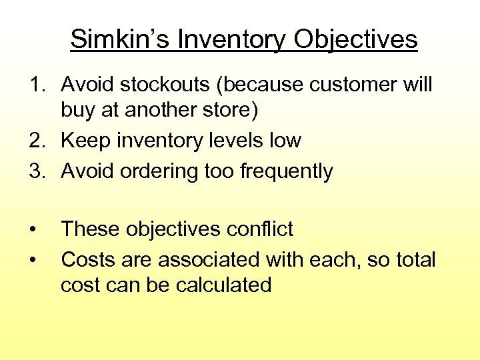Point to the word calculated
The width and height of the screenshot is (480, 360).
click(x=224, y=285)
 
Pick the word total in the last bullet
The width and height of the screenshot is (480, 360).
click(x=413, y=259)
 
